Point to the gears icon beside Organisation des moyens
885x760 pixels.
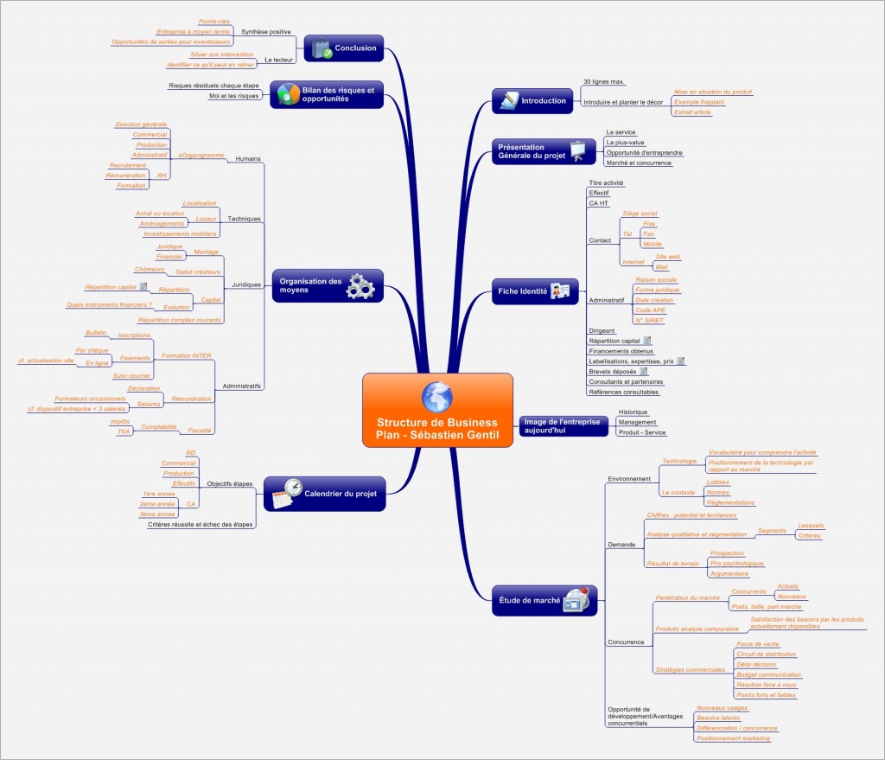tap(360, 285)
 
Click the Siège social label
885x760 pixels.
tap(640, 213)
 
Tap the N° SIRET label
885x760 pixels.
tap(648, 320)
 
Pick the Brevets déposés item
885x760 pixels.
tap(612, 371)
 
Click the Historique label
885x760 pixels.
tap(633, 412)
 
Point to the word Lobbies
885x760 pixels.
tap(718, 482)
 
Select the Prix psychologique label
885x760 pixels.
tap(736, 563)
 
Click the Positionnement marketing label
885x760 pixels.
tap(733, 738)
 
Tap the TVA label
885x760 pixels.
tap(124, 431)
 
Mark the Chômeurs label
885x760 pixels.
tap(137, 270)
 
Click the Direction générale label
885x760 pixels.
tap(141, 125)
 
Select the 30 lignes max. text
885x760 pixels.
tap(603, 81)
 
